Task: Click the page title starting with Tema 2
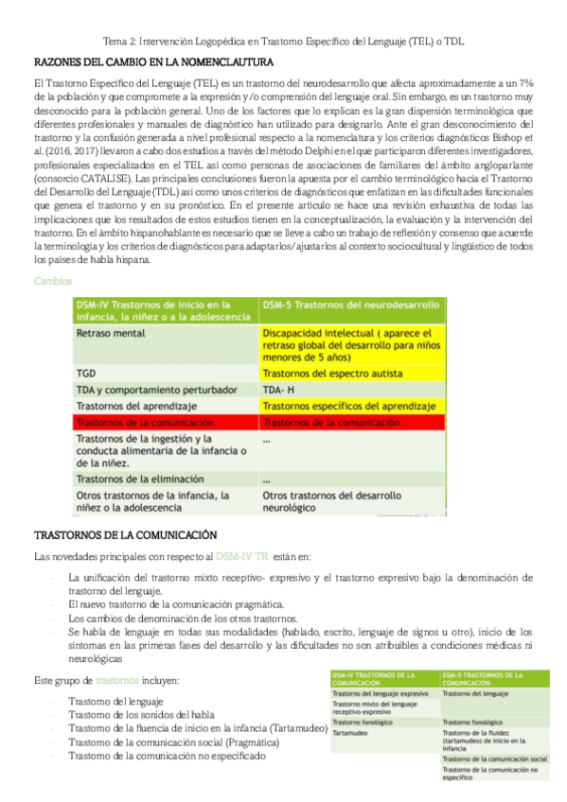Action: pyautogui.click(x=283, y=44)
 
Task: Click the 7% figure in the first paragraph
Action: pyautogui.click(x=523, y=85)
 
